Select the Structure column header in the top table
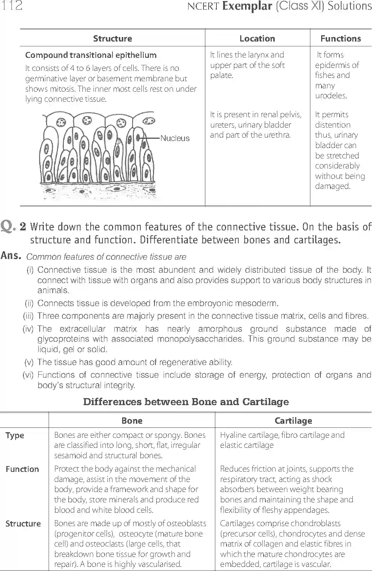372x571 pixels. tap(112, 39)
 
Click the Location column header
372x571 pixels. tap(257, 39)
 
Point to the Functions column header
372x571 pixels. tap(340, 39)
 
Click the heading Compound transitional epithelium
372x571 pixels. tap(91, 55)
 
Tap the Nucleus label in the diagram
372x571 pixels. tap(175, 138)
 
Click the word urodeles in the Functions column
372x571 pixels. tap(331, 96)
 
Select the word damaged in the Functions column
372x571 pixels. tap(332, 186)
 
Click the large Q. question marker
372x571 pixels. tap(9, 226)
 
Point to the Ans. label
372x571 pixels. tap(11, 256)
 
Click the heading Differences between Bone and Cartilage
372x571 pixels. tap(186, 402)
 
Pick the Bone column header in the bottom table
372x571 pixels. tap(132, 421)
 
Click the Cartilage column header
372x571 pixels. tap(293, 421)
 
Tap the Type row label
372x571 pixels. tap(15, 435)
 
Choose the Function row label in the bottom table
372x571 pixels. tap(22, 469)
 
